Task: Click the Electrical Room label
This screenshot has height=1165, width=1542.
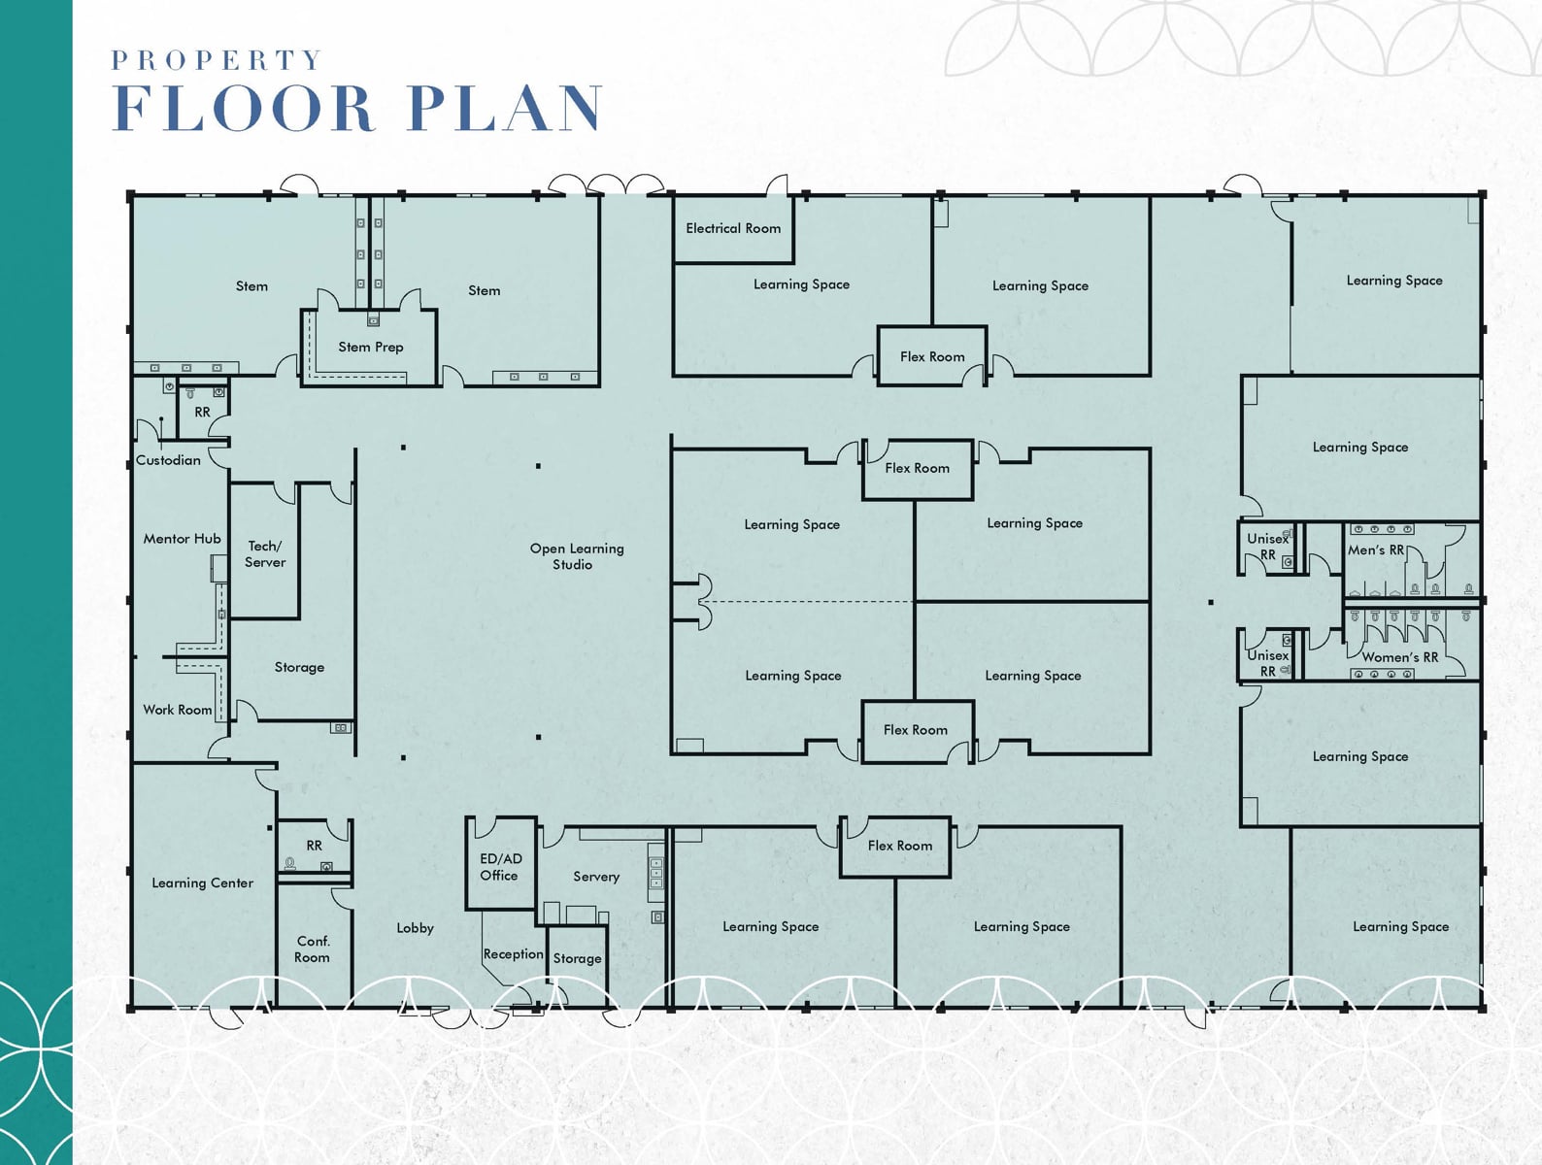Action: tap(733, 228)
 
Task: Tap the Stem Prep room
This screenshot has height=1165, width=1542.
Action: tap(370, 347)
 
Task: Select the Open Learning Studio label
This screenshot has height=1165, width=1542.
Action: tap(576, 556)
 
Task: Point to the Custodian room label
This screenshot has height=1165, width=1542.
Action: tap(168, 460)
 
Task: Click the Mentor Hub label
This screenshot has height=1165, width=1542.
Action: tap(182, 539)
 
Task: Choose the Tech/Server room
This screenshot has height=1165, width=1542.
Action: tap(265, 553)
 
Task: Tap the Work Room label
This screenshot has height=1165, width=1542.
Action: tap(177, 710)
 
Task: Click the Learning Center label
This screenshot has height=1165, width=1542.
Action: tap(202, 882)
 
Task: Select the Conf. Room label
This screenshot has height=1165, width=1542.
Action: tap(312, 949)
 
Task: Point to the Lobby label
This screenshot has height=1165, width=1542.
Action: tap(415, 928)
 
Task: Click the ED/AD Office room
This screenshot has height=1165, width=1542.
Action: tap(500, 866)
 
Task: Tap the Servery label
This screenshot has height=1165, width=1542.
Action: tap(595, 877)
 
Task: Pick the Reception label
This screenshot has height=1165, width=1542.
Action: tap(513, 954)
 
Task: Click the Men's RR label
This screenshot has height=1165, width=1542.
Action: tap(1376, 550)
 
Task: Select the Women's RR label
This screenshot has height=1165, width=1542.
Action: tap(1399, 657)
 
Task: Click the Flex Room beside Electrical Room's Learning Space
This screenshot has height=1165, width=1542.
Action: tap(932, 356)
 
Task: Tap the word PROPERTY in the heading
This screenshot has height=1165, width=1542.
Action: tap(217, 60)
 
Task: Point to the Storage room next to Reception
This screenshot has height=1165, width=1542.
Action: tap(577, 958)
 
